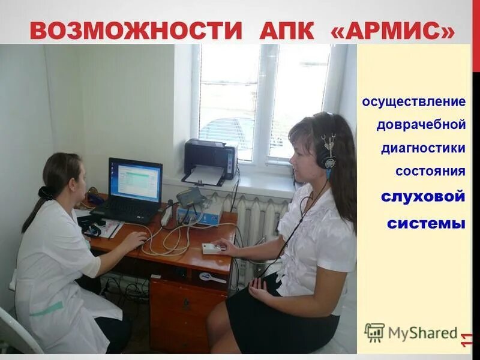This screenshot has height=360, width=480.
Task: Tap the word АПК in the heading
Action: [286, 30]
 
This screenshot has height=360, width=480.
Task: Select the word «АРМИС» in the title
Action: [392, 30]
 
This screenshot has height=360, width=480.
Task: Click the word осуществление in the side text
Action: [413, 101]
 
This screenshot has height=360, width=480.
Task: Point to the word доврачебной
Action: [421, 125]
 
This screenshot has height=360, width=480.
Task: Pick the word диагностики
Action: [423, 148]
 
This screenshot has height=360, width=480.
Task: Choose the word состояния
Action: [430, 172]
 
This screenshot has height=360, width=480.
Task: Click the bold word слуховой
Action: [424, 197]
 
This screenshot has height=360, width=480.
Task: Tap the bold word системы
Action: [426, 223]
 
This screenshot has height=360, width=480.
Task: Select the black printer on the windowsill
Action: [210, 159]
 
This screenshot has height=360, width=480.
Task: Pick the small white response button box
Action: [212, 248]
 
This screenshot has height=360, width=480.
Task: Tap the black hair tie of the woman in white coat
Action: [46, 193]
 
